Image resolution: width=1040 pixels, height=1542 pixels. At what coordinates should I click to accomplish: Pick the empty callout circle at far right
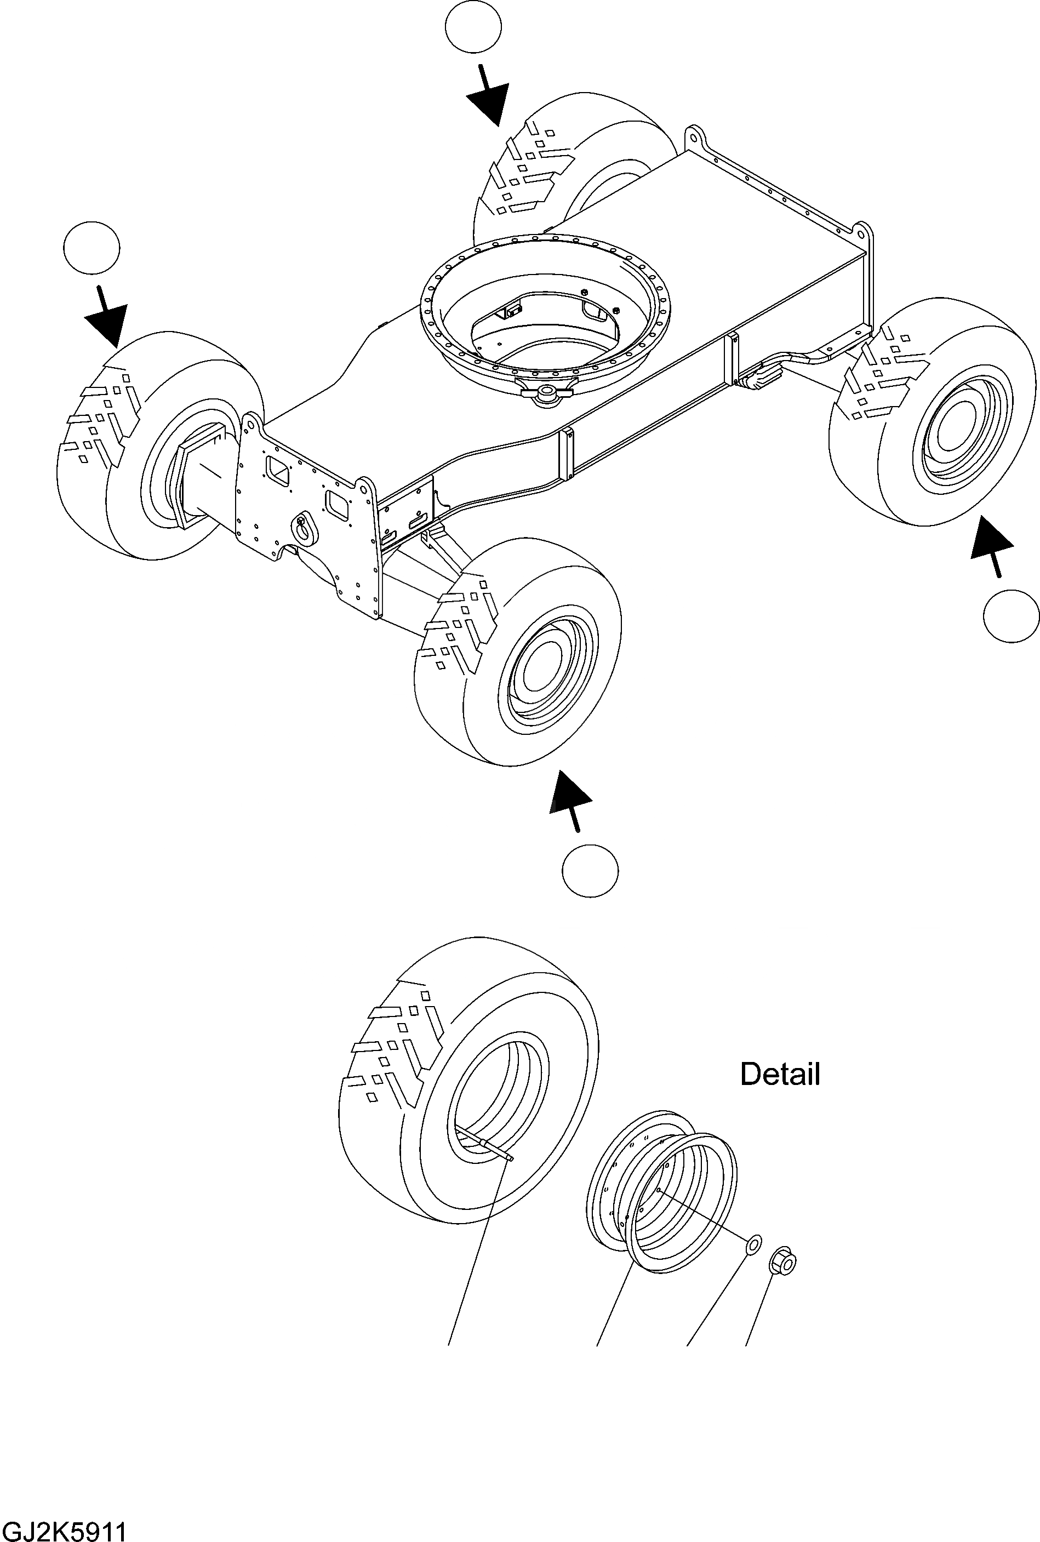tap(1011, 615)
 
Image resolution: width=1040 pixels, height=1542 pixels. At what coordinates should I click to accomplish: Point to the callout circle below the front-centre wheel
tap(590, 871)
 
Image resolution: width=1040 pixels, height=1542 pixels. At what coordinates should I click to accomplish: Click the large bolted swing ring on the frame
tap(545, 312)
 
